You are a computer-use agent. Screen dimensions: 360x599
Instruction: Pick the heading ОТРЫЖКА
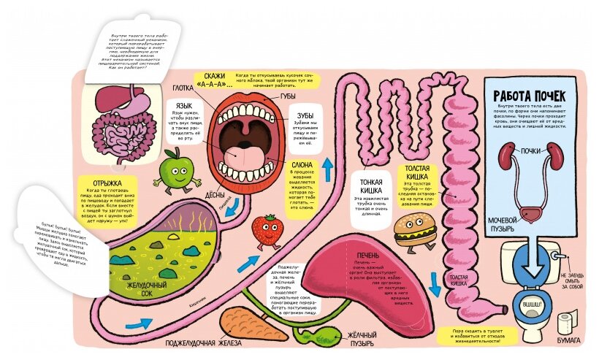click(102, 183)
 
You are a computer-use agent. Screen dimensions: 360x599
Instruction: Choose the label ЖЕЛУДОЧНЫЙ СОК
click(148, 288)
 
